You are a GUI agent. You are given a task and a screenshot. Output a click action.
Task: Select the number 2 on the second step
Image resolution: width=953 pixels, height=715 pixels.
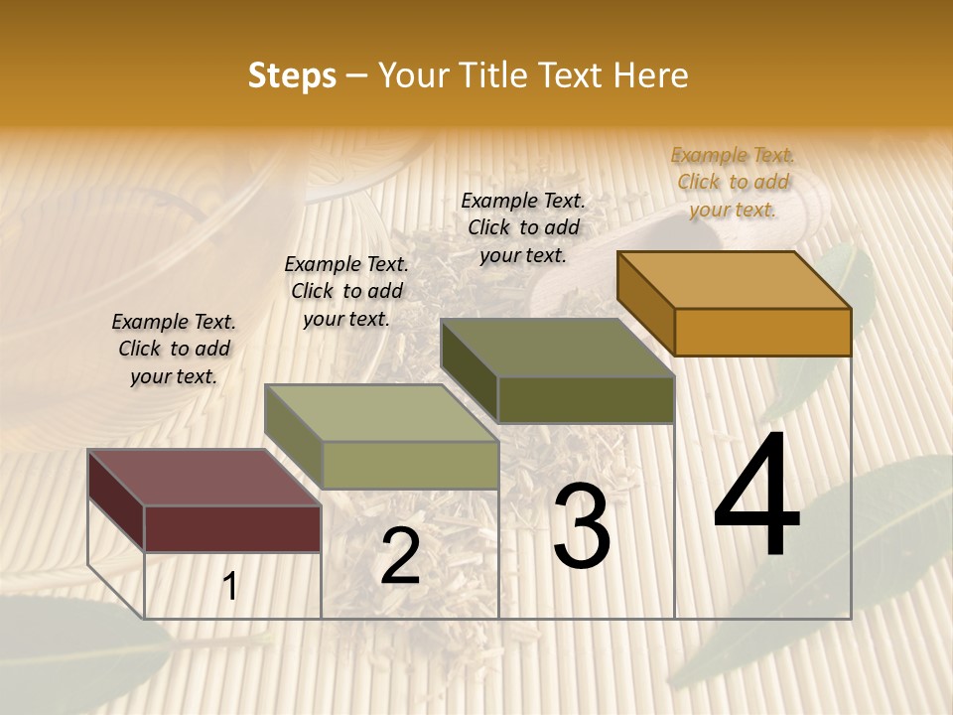click(400, 556)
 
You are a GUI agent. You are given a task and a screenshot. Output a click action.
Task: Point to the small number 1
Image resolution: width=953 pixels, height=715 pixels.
click(229, 587)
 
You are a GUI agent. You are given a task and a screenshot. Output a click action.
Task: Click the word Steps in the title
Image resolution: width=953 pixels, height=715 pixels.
click(292, 75)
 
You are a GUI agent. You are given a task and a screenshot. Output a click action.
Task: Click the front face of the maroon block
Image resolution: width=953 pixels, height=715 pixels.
click(232, 528)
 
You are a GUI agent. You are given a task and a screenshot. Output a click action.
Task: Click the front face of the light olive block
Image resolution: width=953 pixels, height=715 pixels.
click(410, 465)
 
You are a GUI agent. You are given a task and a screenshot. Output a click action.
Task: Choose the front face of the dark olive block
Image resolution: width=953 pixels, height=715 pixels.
click(586, 399)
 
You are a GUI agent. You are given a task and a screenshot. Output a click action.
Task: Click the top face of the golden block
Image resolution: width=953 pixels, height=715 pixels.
click(735, 279)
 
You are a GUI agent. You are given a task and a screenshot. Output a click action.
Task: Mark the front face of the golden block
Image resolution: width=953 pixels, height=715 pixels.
click(762, 332)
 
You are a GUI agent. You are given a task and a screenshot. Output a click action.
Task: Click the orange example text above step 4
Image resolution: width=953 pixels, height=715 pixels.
click(733, 182)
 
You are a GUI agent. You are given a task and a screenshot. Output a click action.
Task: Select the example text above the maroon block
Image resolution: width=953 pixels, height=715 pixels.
click(174, 349)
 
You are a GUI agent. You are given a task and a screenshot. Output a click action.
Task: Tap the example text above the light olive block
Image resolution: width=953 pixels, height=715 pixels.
click(346, 291)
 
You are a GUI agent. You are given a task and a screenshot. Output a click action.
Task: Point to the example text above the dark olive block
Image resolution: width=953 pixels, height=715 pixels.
click(523, 227)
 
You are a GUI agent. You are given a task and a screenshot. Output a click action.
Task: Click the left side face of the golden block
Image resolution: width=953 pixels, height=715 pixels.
click(645, 303)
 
